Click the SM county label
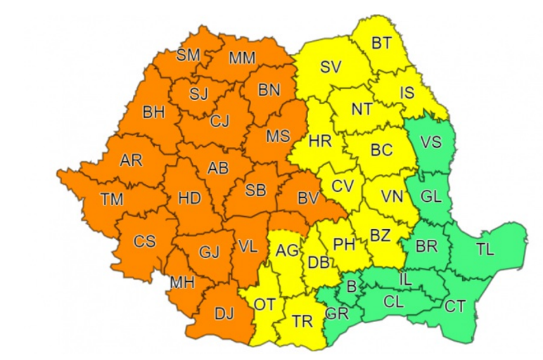(x=188, y=55)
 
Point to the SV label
(x=330, y=67)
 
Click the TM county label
(x=111, y=199)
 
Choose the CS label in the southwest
(x=144, y=241)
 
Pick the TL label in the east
(x=485, y=250)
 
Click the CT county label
(x=454, y=306)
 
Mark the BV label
(x=307, y=198)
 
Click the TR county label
(x=302, y=321)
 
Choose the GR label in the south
(x=337, y=314)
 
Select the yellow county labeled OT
(x=264, y=305)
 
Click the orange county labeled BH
(x=153, y=111)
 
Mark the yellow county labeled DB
(x=319, y=263)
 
